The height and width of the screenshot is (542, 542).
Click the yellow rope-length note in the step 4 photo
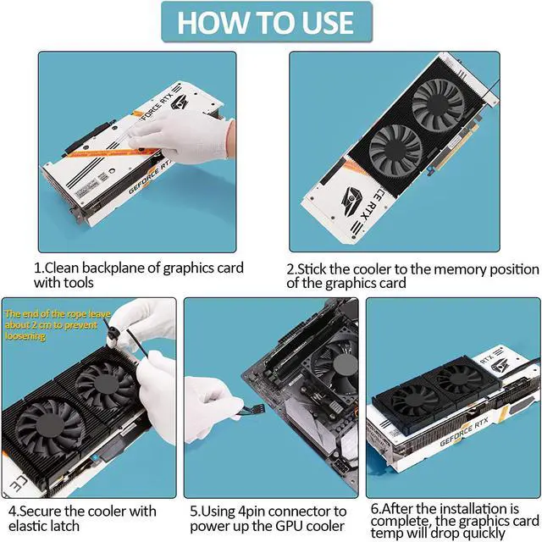click(58, 325)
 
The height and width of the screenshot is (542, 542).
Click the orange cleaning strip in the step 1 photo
click(114, 152)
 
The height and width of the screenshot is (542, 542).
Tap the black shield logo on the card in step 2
click(352, 201)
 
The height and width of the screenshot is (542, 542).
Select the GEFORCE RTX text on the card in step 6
click(464, 432)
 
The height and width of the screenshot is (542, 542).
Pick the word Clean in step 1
click(61, 268)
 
